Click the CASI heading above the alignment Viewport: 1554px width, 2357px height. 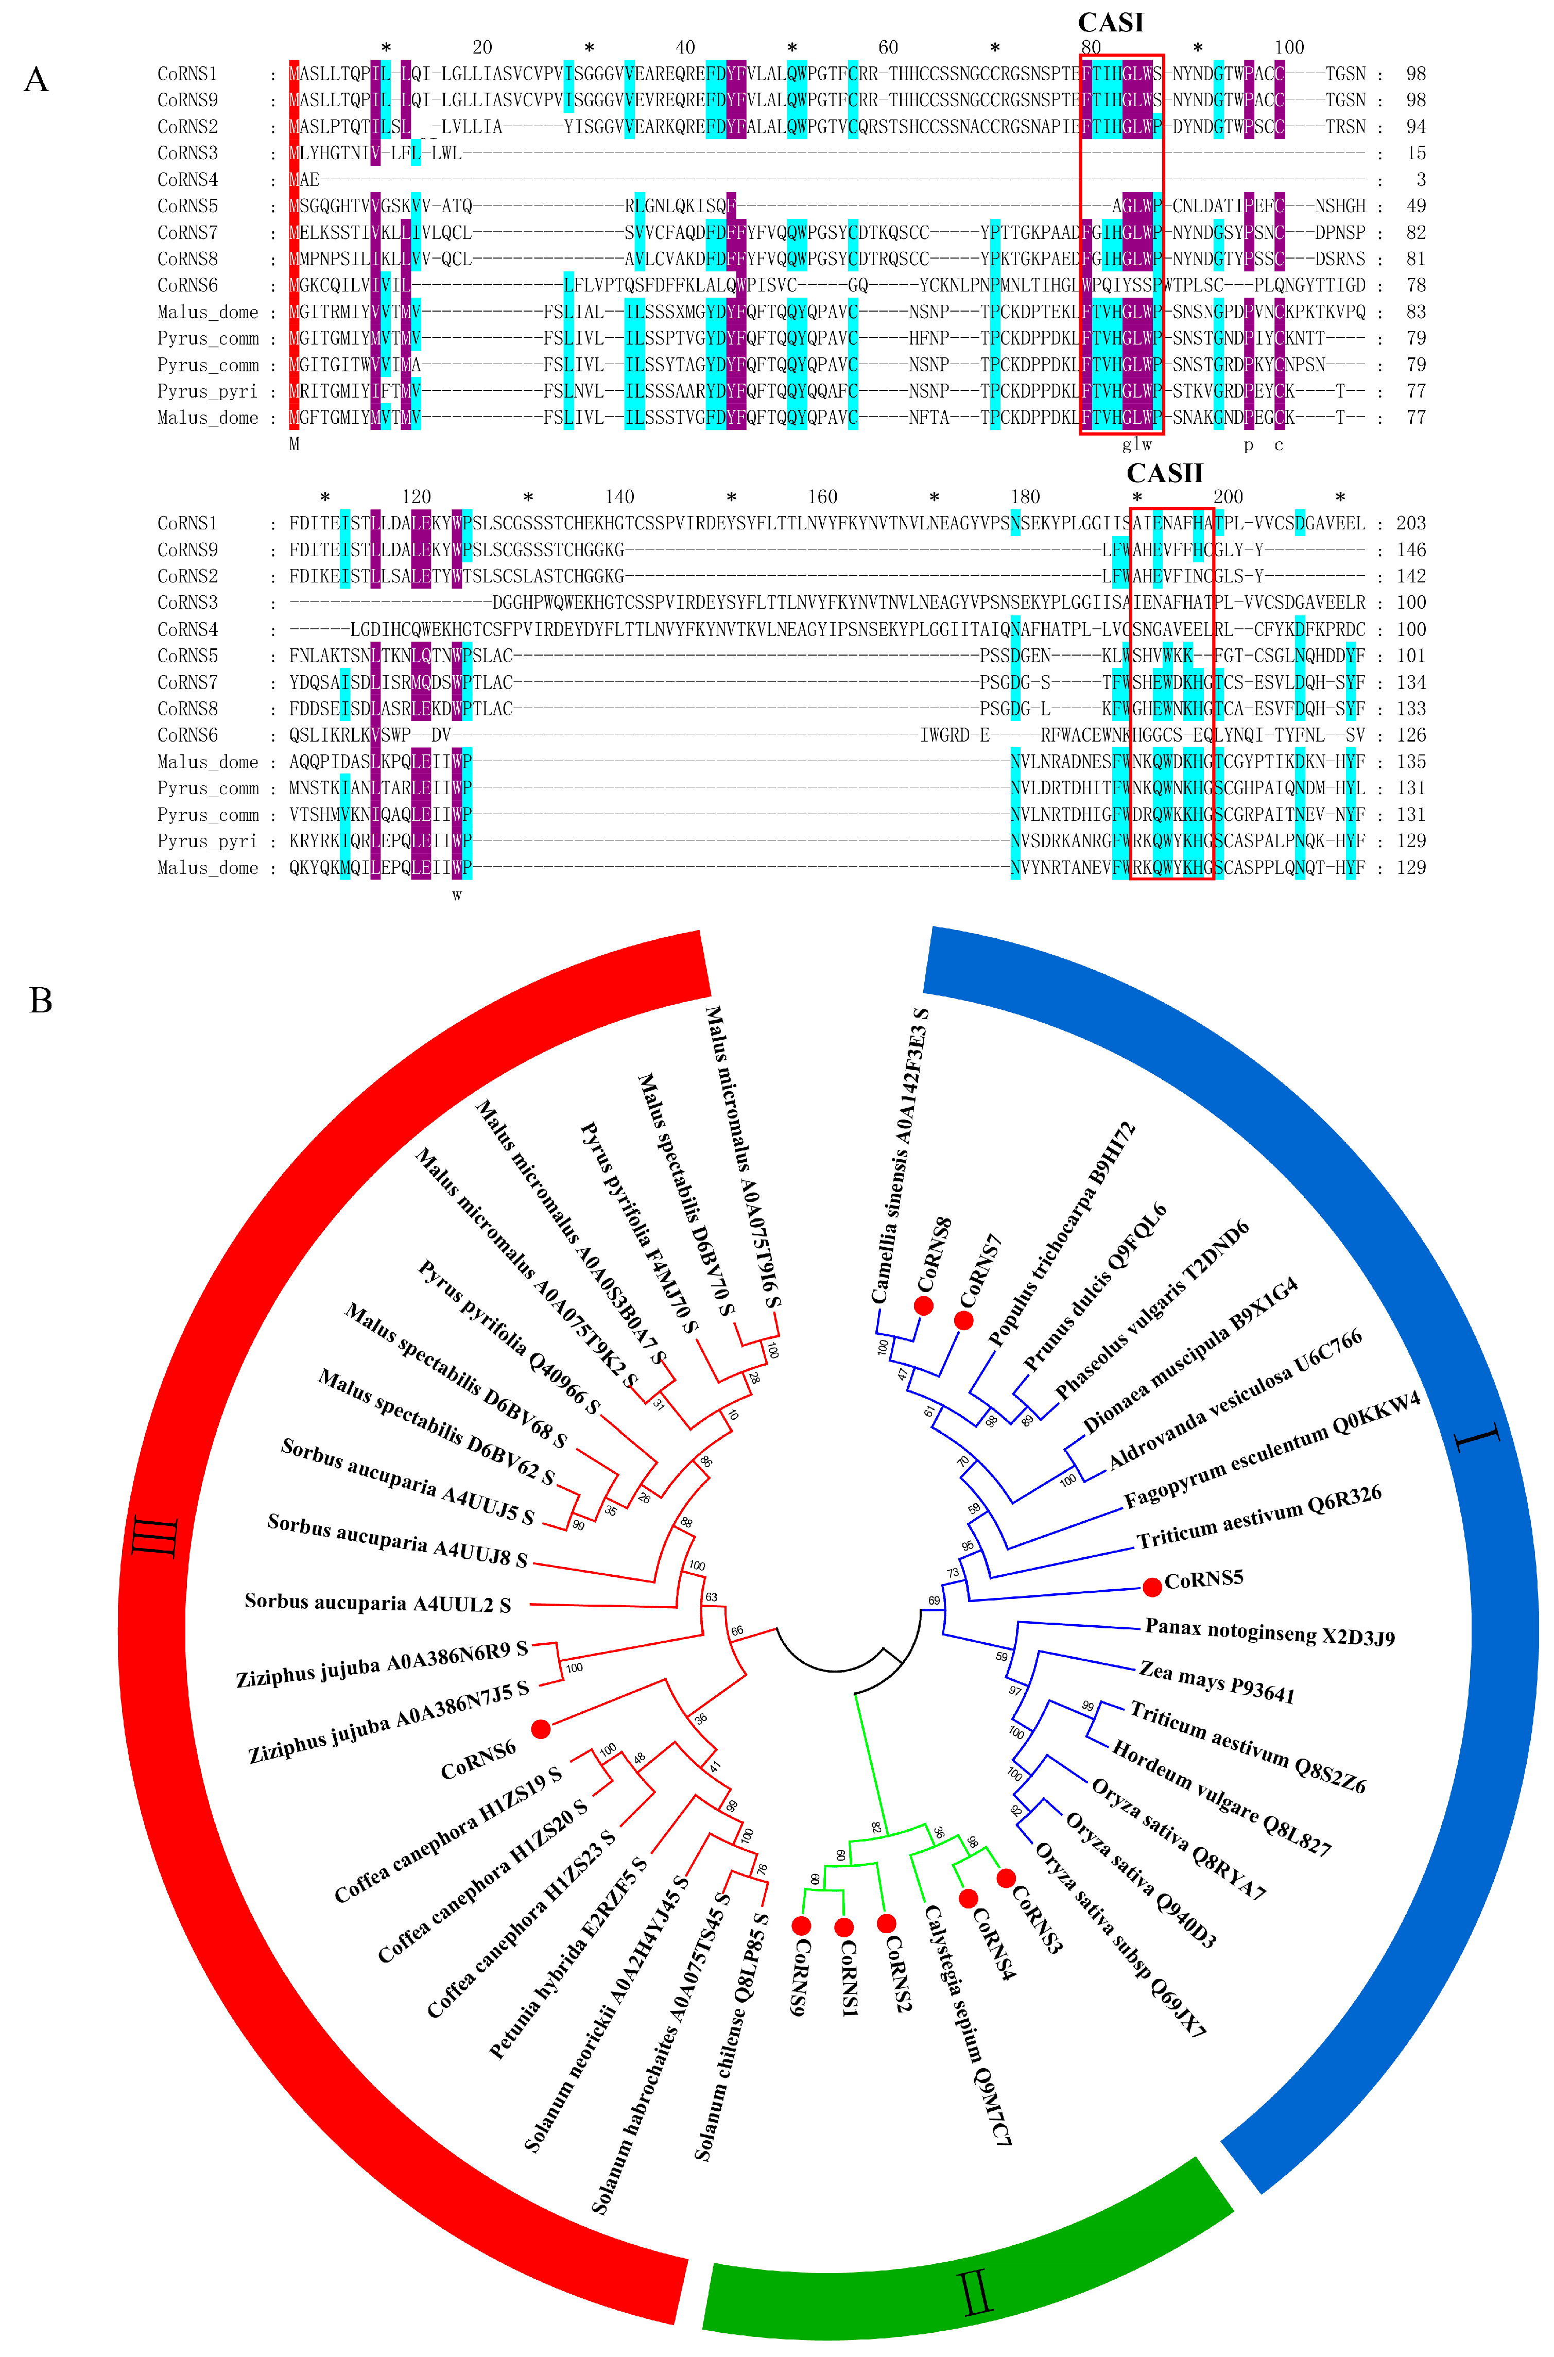coord(1110,22)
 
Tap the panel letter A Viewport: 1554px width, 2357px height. coord(37,79)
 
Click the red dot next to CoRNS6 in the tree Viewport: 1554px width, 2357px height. coord(540,1729)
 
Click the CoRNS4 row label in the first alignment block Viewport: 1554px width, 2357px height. coord(187,179)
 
